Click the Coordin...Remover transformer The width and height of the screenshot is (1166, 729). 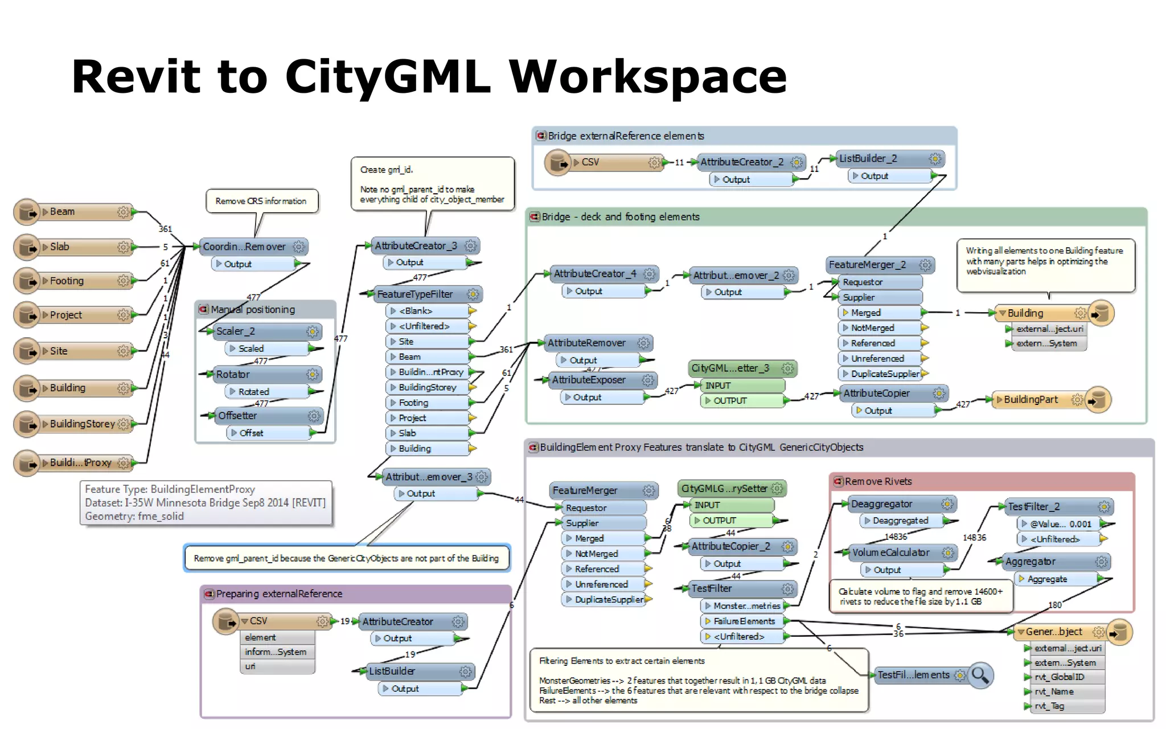coord(245,247)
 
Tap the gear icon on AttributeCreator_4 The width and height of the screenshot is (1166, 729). coord(649,274)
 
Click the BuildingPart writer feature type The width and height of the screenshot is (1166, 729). coord(1030,400)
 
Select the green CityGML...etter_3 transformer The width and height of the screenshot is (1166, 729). coord(734,368)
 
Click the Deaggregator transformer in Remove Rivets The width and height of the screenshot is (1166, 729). coord(888,504)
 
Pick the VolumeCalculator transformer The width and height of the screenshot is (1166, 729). coord(894,552)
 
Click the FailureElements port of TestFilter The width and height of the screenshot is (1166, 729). coord(744,621)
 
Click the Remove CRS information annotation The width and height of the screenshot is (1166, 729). coord(261,201)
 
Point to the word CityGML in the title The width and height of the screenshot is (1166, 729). coord(387,77)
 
